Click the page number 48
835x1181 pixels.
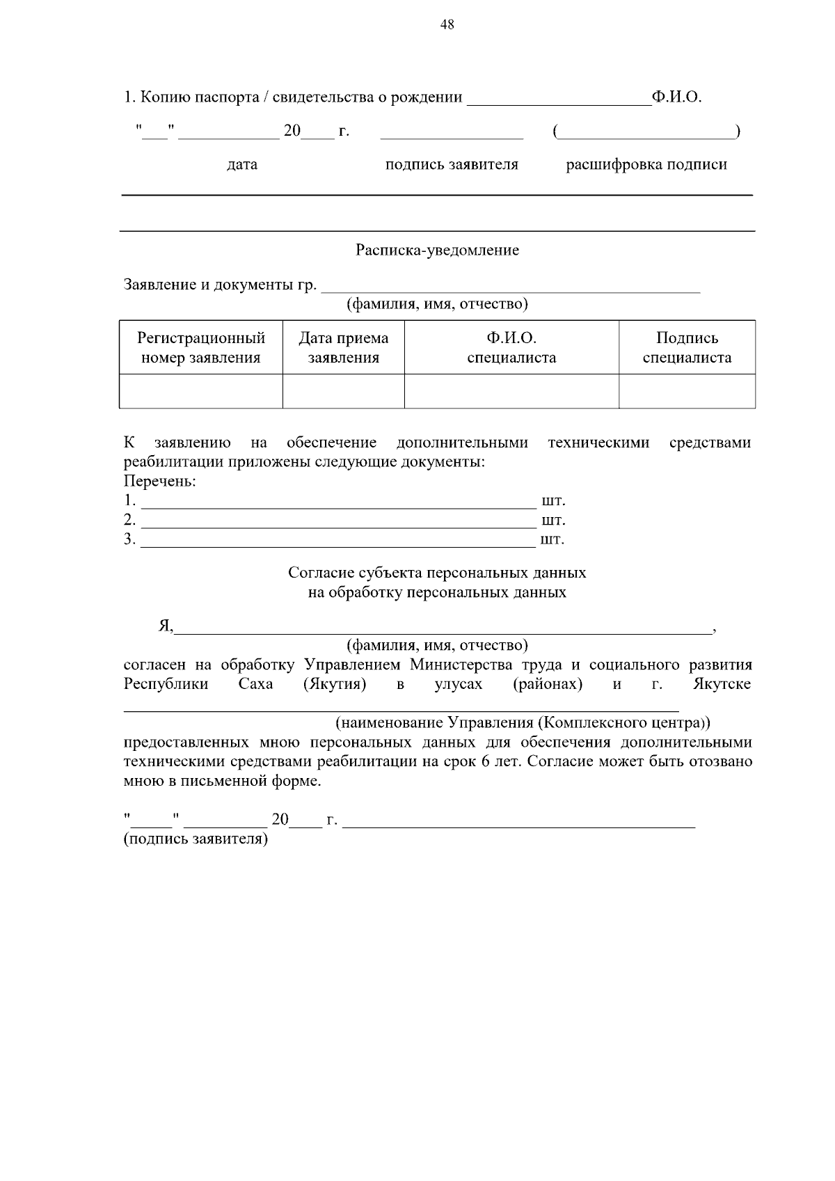[x=447, y=25]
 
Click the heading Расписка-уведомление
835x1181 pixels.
[x=437, y=250]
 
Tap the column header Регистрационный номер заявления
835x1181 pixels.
[x=201, y=348]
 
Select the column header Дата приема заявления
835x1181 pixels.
[x=344, y=348]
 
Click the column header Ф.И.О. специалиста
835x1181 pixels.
[x=511, y=348]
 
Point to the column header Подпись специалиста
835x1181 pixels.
[x=687, y=348]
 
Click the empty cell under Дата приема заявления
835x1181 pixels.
[x=344, y=391]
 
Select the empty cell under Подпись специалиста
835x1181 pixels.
[x=687, y=391]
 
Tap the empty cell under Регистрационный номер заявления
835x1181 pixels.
[x=201, y=391]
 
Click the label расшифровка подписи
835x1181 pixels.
[x=646, y=165]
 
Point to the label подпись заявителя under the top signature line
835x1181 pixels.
[x=452, y=165]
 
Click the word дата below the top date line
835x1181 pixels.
[x=242, y=165]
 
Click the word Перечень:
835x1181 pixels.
[x=159, y=482]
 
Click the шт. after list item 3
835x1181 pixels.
[x=552, y=539]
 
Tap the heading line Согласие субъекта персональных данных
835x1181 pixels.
[x=437, y=573]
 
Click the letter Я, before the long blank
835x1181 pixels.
[x=165, y=626]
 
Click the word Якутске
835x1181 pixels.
[x=722, y=684]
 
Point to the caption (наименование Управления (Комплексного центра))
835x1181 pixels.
[x=523, y=722]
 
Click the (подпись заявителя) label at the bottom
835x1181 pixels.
[x=196, y=839]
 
